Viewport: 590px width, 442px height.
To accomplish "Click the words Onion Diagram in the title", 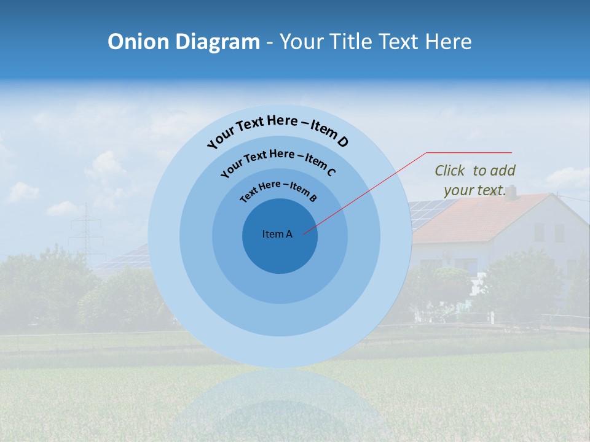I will pos(183,42).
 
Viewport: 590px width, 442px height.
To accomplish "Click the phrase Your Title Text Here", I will pos(376,42).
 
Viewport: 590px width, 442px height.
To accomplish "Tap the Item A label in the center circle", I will pos(277,234).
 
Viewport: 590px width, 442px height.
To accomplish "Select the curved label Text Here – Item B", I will pos(278,190).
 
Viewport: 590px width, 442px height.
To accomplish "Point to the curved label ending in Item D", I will pos(278,130).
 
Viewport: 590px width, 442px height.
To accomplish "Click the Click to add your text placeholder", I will pos(475,180).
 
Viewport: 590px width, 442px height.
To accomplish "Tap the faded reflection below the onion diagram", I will pos(280,405).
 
